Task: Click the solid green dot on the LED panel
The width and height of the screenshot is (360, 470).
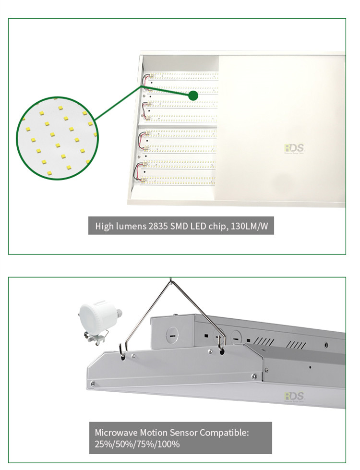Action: click(x=193, y=96)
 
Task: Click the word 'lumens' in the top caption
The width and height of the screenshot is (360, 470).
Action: click(x=129, y=226)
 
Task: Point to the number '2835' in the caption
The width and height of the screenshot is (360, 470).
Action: click(x=159, y=226)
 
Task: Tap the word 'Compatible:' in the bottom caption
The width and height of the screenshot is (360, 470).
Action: click(x=224, y=433)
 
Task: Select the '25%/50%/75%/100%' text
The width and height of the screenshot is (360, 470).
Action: click(x=137, y=445)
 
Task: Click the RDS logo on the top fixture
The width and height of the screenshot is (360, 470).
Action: click(x=294, y=148)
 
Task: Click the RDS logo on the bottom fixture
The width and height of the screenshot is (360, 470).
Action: click(x=294, y=396)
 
